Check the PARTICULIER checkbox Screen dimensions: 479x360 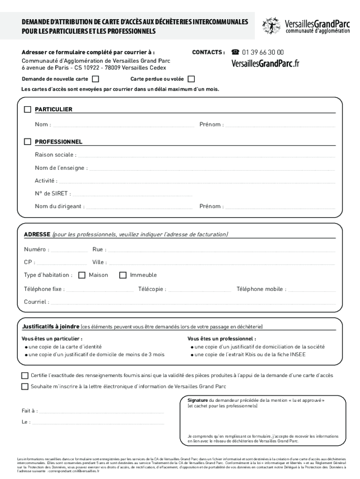pos(28,109)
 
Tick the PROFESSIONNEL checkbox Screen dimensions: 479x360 pos(28,142)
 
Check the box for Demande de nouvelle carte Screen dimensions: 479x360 pos(96,79)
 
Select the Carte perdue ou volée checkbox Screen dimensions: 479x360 pos(191,79)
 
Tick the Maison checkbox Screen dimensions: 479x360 pos(82,275)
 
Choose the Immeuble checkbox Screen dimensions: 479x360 pos(123,275)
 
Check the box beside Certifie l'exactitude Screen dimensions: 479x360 pos(25,376)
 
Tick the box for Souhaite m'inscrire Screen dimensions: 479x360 pos(25,386)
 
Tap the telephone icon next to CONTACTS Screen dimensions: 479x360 pos(235,52)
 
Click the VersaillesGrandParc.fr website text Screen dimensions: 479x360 pos(265,64)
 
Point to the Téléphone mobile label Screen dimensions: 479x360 pos(261,289)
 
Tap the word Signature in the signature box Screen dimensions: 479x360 pos(197,401)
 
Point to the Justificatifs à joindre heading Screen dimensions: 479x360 pos(50,327)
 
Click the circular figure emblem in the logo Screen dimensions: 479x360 pos(271,25)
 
